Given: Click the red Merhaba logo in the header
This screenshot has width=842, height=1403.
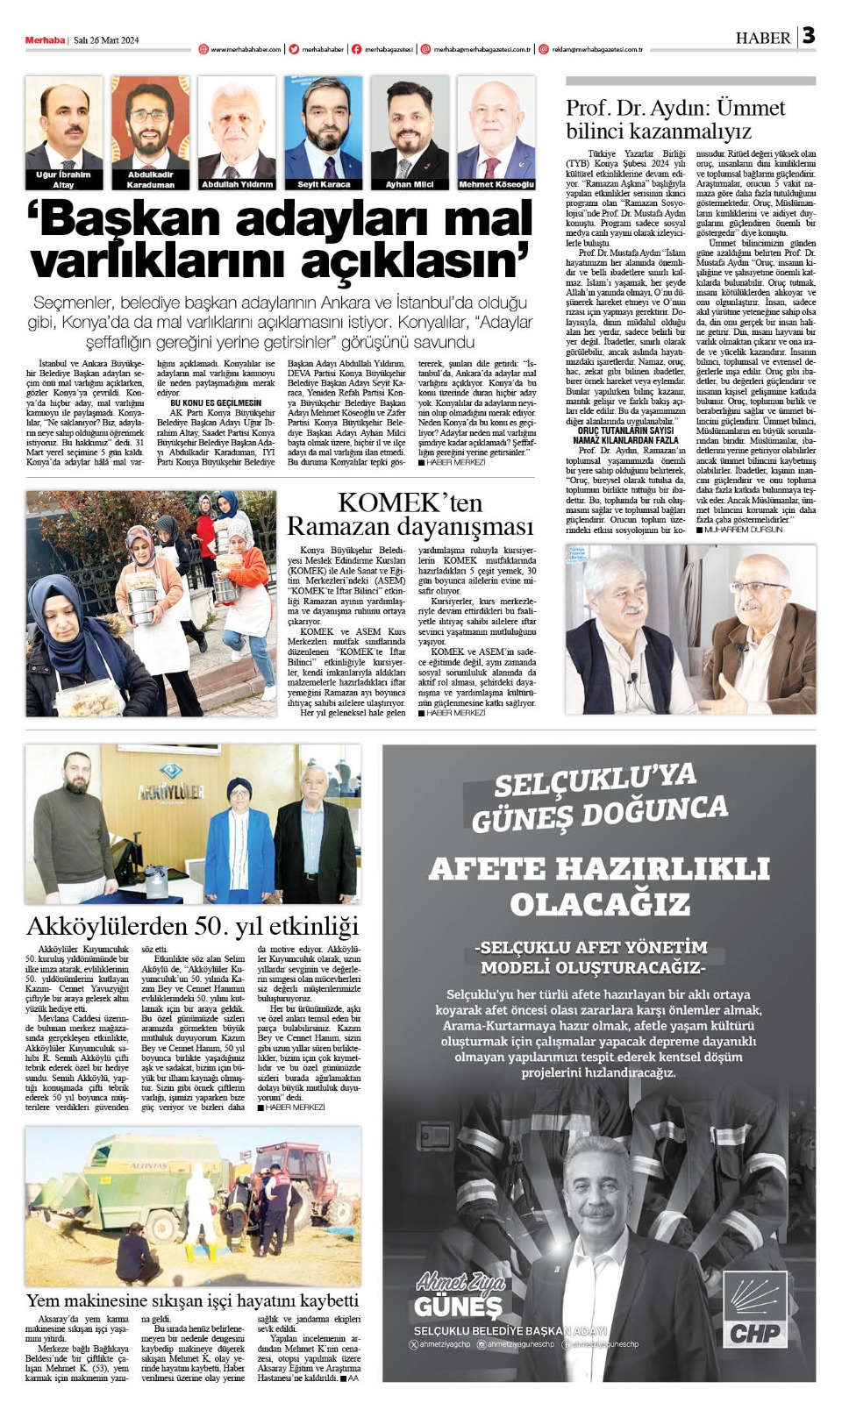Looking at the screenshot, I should coord(45,40).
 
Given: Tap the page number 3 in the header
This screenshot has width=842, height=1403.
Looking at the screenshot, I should coord(808,36).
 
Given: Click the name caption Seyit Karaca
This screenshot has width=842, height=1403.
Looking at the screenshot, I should coord(324,185).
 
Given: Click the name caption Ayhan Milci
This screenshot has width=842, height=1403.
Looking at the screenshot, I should coord(410,185).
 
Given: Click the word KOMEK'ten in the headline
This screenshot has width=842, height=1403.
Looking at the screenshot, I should coord(410,502).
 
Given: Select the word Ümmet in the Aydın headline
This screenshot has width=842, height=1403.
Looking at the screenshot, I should coord(750,108).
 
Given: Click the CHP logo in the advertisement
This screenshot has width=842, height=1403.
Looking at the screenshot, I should coord(755,1312).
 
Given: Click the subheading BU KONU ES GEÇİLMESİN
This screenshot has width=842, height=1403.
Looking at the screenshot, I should coord(215,402).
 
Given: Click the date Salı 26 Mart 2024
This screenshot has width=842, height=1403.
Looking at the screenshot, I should coord(106,40).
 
